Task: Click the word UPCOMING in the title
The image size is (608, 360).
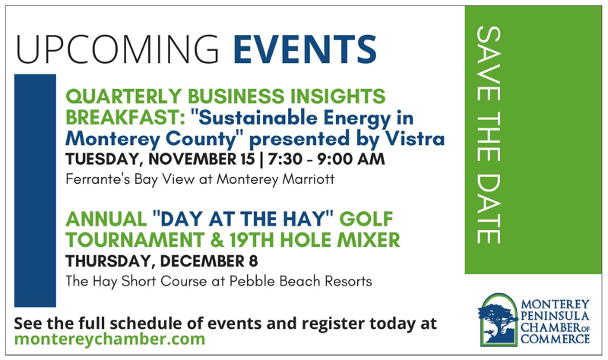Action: (x=118, y=49)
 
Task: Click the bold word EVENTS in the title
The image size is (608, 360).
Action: (x=306, y=49)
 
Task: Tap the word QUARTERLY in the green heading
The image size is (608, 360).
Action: (x=124, y=97)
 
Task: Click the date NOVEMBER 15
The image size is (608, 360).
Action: (x=201, y=159)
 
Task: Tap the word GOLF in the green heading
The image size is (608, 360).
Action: (x=366, y=219)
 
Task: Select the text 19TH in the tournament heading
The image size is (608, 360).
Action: (x=252, y=240)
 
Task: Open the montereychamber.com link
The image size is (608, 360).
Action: (x=109, y=339)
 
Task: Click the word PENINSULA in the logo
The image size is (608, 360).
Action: (x=555, y=316)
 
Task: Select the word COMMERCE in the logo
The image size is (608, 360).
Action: (x=556, y=339)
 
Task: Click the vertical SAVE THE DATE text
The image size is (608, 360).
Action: (x=488, y=135)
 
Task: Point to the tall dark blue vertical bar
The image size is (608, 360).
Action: (x=35, y=191)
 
